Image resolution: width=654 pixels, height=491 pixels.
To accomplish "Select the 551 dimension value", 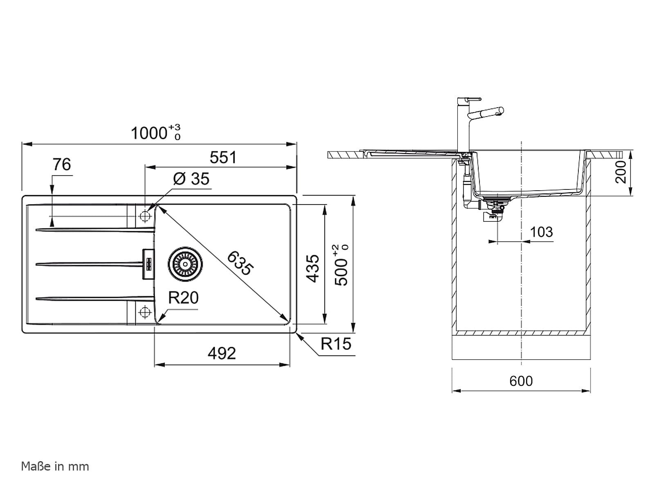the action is click(x=223, y=158).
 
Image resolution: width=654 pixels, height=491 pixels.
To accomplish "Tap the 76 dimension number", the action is click(x=62, y=164).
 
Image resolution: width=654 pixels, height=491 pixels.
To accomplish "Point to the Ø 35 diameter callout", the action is click(x=191, y=179).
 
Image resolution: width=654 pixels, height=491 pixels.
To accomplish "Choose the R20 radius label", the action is click(x=183, y=297).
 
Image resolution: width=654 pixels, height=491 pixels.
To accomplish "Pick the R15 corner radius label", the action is click(x=336, y=344).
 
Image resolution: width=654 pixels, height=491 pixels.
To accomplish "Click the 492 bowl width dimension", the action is click(x=222, y=354).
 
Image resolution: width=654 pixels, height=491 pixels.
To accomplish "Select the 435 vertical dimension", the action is click(x=313, y=268).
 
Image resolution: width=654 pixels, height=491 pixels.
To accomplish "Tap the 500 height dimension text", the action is click(x=341, y=265).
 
